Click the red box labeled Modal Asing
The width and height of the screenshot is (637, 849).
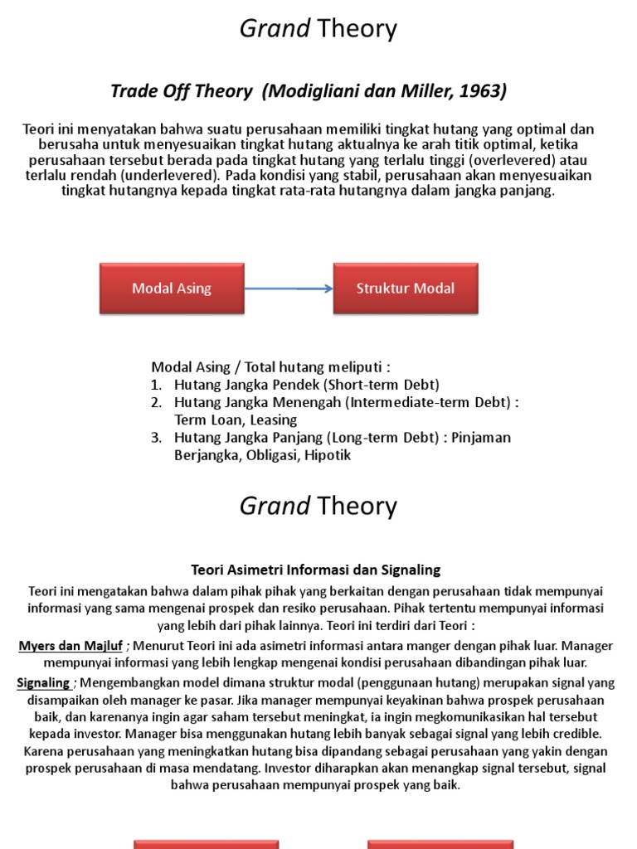pos(172,289)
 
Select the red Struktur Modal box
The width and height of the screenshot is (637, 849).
pos(406,289)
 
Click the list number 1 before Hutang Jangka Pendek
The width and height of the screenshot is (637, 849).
pos(156,385)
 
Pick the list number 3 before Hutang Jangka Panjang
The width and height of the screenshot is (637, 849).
pos(156,438)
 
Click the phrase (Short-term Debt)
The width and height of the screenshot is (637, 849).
pos(381,385)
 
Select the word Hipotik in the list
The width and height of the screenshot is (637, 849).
pos(328,455)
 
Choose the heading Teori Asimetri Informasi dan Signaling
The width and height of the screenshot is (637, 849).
pos(316,570)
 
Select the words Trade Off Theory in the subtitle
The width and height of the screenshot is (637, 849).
pos(181,91)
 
